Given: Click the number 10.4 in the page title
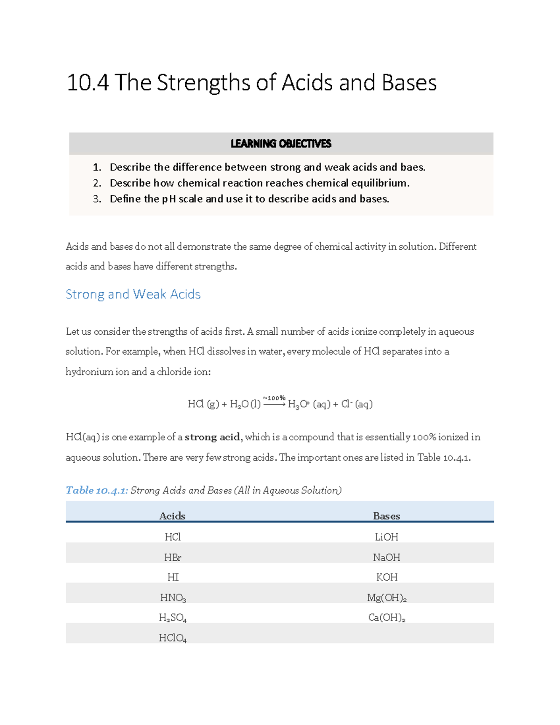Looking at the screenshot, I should (88, 83).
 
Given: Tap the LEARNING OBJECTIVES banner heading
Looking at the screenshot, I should (281, 144).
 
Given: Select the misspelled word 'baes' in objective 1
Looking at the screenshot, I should (412, 167).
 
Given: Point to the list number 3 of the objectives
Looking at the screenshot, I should (97, 199).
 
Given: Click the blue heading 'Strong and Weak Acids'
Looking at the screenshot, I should (133, 294).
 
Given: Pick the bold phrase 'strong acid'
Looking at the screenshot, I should (212, 437).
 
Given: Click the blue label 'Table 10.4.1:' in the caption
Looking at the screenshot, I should (97, 490).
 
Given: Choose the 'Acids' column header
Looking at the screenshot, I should (172, 516).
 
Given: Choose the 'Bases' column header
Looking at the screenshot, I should (386, 516).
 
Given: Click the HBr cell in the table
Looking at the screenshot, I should (173, 557).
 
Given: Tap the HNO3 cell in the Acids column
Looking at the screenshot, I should (173, 598).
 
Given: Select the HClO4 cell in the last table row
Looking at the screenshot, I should (173, 638).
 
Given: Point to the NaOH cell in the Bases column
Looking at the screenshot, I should (386, 557).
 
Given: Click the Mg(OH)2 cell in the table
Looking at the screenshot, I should (386, 598).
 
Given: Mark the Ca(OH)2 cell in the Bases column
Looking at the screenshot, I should (386, 618).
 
